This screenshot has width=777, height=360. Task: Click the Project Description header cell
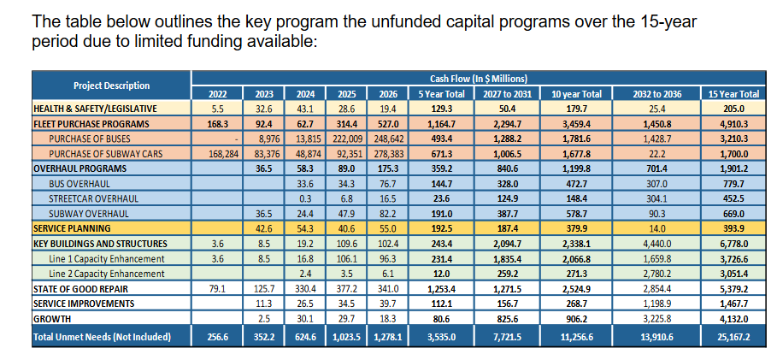(x=111, y=86)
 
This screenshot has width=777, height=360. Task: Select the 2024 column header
(x=305, y=94)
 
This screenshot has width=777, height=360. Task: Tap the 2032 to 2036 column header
(x=656, y=94)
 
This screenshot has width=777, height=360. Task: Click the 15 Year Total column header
(x=734, y=94)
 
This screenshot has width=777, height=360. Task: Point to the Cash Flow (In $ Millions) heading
(x=478, y=79)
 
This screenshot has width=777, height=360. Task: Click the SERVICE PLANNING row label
(x=72, y=228)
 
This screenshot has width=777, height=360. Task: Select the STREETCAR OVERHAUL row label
(x=94, y=199)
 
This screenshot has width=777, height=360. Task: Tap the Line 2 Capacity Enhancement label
(x=107, y=274)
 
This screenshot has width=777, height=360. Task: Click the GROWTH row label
(x=52, y=319)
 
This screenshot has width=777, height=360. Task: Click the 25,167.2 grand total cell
(x=734, y=337)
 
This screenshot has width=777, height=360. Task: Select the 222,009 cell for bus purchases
(x=346, y=139)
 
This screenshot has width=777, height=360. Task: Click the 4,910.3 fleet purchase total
(x=734, y=124)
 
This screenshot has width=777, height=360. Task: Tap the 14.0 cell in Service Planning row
(x=656, y=228)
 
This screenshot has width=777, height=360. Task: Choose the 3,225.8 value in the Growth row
(x=656, y=319)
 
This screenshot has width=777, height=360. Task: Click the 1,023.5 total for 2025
(x=346, y=337)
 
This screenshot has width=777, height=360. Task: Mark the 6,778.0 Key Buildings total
(x=734, y=244)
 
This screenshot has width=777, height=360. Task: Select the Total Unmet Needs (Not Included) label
(x=102, y=337)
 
